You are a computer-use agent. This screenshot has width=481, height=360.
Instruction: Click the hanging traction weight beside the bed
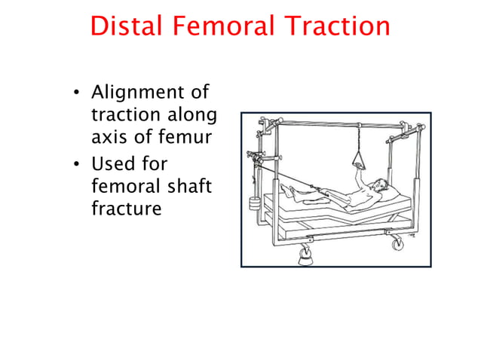(x=252, y=201)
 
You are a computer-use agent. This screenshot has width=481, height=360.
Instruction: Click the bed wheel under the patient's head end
(x=395, y=242)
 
